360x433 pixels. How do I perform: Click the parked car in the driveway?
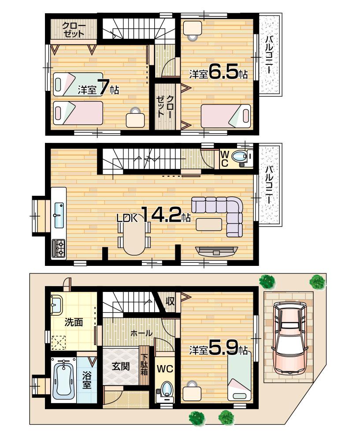[288, 336]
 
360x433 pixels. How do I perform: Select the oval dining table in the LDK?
[134, 237]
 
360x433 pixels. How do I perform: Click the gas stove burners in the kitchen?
[59, 248]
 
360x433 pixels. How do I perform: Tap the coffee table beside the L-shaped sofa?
[209, 224]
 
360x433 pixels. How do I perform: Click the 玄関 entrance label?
[120, 366]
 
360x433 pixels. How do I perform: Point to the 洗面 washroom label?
[74, 322]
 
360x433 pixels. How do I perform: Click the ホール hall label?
[141, 333]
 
